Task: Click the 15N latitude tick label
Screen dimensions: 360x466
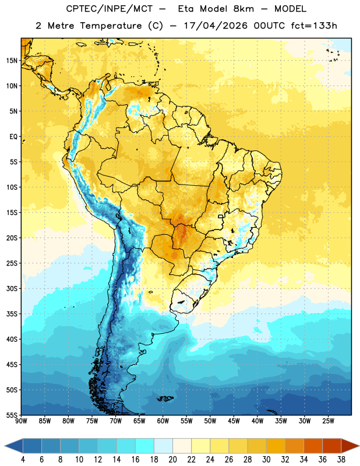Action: [x=12, y=61]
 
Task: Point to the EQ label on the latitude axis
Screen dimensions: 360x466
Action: [x=13, y=137]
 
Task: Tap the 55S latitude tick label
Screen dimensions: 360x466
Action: [x=12, y=415]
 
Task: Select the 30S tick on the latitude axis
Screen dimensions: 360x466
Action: [x=12, y=288]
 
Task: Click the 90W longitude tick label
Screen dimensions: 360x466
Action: [x=21, y=421]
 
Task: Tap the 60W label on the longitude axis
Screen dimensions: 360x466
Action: [x=163, y=421]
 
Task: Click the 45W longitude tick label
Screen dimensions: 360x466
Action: [x=234, y=421]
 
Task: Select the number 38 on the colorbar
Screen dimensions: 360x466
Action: [x=341, y=460]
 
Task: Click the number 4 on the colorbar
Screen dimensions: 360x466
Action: [x=23, y=460]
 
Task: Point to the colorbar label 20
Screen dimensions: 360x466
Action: [x=172, y=460]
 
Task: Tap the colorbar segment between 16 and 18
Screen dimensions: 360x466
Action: [x=145, y=446]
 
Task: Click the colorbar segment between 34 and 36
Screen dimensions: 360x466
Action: [x=313, y=446]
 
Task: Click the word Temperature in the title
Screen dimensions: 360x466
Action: [x=111, y=26]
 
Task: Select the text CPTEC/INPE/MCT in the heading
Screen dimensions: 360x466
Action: [x=109, y=9]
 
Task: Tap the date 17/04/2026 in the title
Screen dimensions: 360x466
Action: [x=216, y=26]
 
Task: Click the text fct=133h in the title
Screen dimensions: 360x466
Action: [x=314, y=26]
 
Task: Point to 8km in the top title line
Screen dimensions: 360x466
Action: [x=243, y=9]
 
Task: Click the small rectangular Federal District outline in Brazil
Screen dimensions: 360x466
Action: [x=221, y=216]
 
